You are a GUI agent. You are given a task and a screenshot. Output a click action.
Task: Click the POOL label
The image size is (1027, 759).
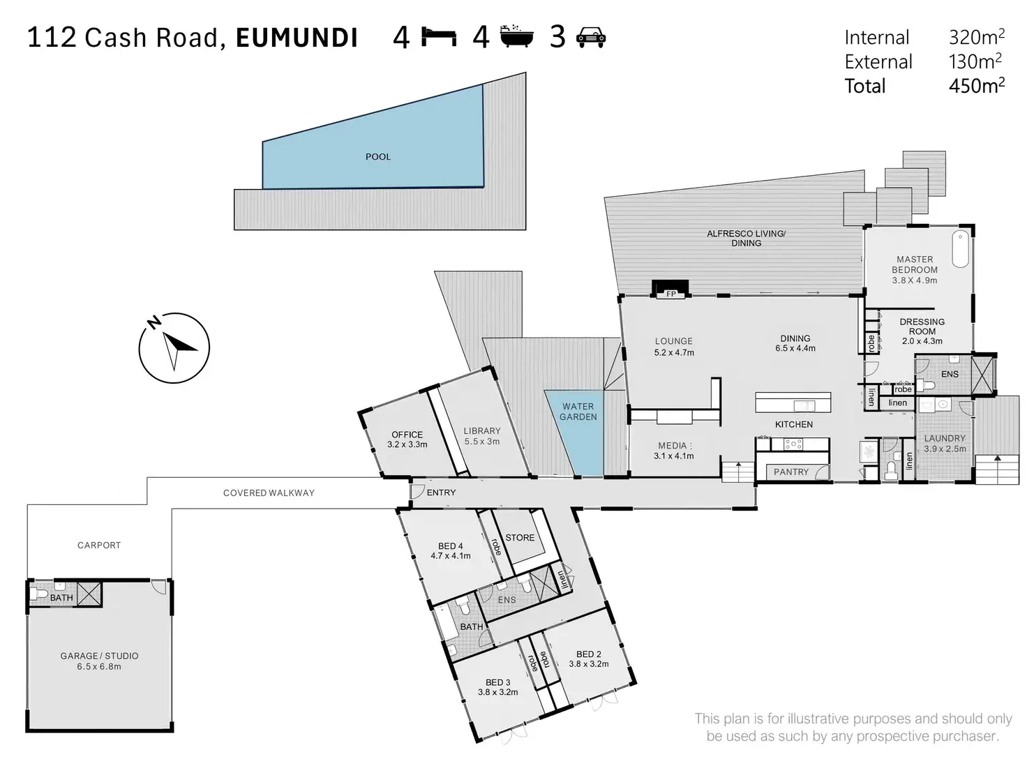[x=378, y=156]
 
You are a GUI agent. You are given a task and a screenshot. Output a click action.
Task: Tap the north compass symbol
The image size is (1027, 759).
[x=174, y=347]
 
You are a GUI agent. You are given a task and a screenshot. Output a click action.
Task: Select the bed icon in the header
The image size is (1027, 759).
[x=438, y=37]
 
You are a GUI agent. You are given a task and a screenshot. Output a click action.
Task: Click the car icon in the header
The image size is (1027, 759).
[x=591, y=37]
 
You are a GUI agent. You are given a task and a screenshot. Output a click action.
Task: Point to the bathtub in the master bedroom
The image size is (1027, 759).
[x=960, y=248]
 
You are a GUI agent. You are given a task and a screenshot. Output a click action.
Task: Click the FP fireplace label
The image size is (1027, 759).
[x=670, y=294]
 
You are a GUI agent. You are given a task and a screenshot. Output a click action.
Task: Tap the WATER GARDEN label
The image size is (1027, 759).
[x=578, y=411]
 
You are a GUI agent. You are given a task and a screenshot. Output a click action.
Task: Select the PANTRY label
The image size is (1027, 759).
[x=791, y=472]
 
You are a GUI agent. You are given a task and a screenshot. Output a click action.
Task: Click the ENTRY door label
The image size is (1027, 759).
[x=441, y=493]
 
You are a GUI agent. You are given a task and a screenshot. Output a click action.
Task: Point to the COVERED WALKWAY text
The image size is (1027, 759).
[x=269, y=493]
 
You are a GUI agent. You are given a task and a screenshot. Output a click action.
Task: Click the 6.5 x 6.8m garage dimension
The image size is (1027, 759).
[x=99, y=667]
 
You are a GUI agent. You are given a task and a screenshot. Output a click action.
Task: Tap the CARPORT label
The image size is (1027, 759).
[x=99, y=545]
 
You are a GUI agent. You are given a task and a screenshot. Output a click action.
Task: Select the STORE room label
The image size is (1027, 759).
[x=520, y=537]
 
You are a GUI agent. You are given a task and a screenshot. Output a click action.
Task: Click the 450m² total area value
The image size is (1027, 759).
[x=977, y=85]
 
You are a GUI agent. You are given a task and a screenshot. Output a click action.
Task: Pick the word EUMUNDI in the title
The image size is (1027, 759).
[x=297, y=38]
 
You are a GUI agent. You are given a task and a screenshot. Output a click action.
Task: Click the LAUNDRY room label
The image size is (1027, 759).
[x=945, y=438]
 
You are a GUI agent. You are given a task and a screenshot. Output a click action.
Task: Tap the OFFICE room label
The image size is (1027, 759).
[x=407, y=435]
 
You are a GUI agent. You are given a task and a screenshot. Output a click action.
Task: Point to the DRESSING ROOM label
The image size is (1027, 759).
[x=922, y=326]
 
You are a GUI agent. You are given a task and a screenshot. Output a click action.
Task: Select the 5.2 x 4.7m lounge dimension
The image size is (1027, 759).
[x=674, y=352]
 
